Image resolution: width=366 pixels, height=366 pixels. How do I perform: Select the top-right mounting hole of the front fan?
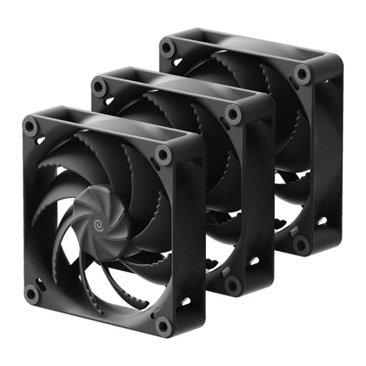pyautogui.click(x=163, y=155)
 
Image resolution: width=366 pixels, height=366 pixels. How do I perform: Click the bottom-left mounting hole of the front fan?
pyautogui.click(x=30, y=293)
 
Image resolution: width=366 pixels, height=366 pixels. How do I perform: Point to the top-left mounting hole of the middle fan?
pyautogui.click(x=100, y=86)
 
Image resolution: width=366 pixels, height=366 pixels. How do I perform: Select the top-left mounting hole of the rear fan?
pyautogui.click(x=167, y=48)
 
